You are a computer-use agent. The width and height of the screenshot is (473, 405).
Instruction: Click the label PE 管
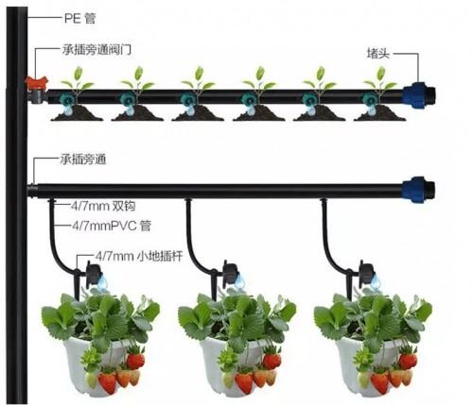(x=79, y=19)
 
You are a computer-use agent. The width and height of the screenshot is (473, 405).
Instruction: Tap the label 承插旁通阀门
(x=96, y=50)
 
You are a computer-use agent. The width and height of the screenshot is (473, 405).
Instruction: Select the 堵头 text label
(x=378, y=53)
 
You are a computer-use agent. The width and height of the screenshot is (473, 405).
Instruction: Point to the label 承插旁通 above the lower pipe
(x=83, y=160)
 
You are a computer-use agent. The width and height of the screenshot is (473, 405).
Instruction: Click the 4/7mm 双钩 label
(x=103, y=206)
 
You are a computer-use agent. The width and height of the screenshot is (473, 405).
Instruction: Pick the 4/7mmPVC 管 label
(x=112, y=226)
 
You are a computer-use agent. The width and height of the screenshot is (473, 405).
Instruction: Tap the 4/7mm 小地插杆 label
(x=139, y=257)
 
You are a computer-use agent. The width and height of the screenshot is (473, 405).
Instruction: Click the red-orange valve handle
(x=37, y=82)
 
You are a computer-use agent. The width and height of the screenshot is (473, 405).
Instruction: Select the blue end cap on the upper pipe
(x=419, y=95)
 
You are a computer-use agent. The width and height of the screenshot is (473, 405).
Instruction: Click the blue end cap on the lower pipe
(x=418, y=190)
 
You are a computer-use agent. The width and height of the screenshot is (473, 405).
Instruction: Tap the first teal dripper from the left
(x=66, y=99)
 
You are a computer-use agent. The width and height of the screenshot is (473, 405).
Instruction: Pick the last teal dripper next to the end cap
(x=370, y=99)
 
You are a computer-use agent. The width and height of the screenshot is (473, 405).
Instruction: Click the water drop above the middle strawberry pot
(x=239, y=282)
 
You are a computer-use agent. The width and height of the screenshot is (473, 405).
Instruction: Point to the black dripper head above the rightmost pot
(x=365, y=274)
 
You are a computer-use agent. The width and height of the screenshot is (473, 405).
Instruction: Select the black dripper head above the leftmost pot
(x=94, y=274)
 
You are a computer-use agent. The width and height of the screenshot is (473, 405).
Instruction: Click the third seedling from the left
(x=198, y=81)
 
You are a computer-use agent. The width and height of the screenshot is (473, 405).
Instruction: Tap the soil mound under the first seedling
(x=77, y=113)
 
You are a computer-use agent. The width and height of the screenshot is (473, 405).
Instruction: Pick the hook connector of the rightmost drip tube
(x=324, y=201)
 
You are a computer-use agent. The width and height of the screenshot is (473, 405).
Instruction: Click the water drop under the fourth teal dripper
(x=251, y=110)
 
